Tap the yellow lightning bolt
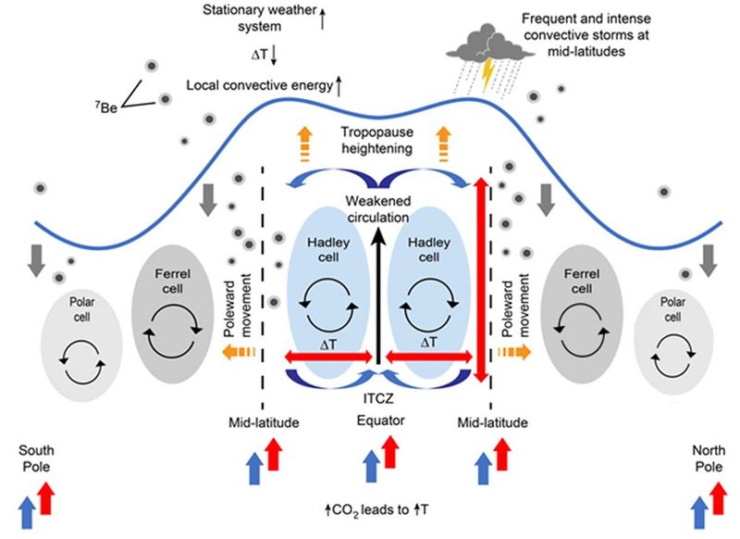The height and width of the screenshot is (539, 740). [x=487, y=69]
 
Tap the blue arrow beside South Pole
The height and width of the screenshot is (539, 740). [x=28, y=512]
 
